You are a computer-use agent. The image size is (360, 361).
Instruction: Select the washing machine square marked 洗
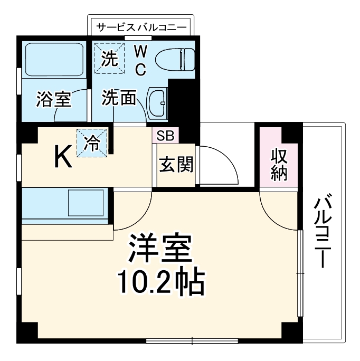pyautogui.click(x=110, y=57)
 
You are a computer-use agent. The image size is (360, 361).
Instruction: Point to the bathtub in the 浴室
pyautogui.click(x=54, y=60)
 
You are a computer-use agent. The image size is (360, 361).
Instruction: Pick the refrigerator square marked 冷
pyautogui.click(x=92, y=142)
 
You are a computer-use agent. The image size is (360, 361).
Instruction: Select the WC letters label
pyautogui.click(x=141, y=60)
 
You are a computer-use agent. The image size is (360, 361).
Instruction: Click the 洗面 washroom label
pyautogui.click(x=119, y=98)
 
